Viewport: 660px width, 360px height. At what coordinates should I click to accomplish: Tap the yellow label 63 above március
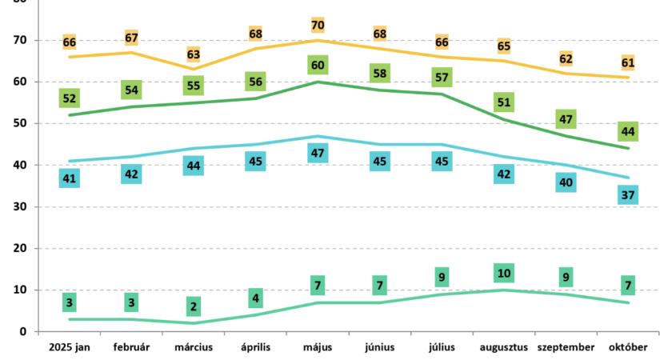(x=194, y=55)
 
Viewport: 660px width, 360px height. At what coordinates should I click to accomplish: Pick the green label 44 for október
(x=628, y=132)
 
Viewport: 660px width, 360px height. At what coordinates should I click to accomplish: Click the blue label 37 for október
(x=628, y=194)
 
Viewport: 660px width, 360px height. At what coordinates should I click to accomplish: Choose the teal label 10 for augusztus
(x=504, y=274)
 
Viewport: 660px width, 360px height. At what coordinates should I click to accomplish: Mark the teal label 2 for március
(x=194, y=307)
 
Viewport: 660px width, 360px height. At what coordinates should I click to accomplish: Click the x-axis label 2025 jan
(x=70, y=347)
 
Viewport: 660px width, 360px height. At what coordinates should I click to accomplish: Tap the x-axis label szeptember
(x=566, y=347)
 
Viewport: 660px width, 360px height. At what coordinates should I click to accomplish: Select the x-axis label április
(x=256, y=347)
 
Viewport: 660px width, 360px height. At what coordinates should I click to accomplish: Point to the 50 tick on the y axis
(x=20, y=123)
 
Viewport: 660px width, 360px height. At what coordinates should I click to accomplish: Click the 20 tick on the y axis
(x=20, y=248)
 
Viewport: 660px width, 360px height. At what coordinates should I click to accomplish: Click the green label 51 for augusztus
(x=504, y=102)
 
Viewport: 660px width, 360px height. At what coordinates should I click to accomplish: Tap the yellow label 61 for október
(x=628, y=62)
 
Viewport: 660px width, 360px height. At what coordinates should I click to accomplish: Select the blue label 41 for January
(x=70, y=178)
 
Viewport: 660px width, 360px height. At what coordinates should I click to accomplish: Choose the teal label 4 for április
(x=256, y=299)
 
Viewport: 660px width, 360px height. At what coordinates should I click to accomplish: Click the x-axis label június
(x=380, y=347)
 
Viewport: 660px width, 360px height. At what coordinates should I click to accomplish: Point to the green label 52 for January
(x=70, y=98)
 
